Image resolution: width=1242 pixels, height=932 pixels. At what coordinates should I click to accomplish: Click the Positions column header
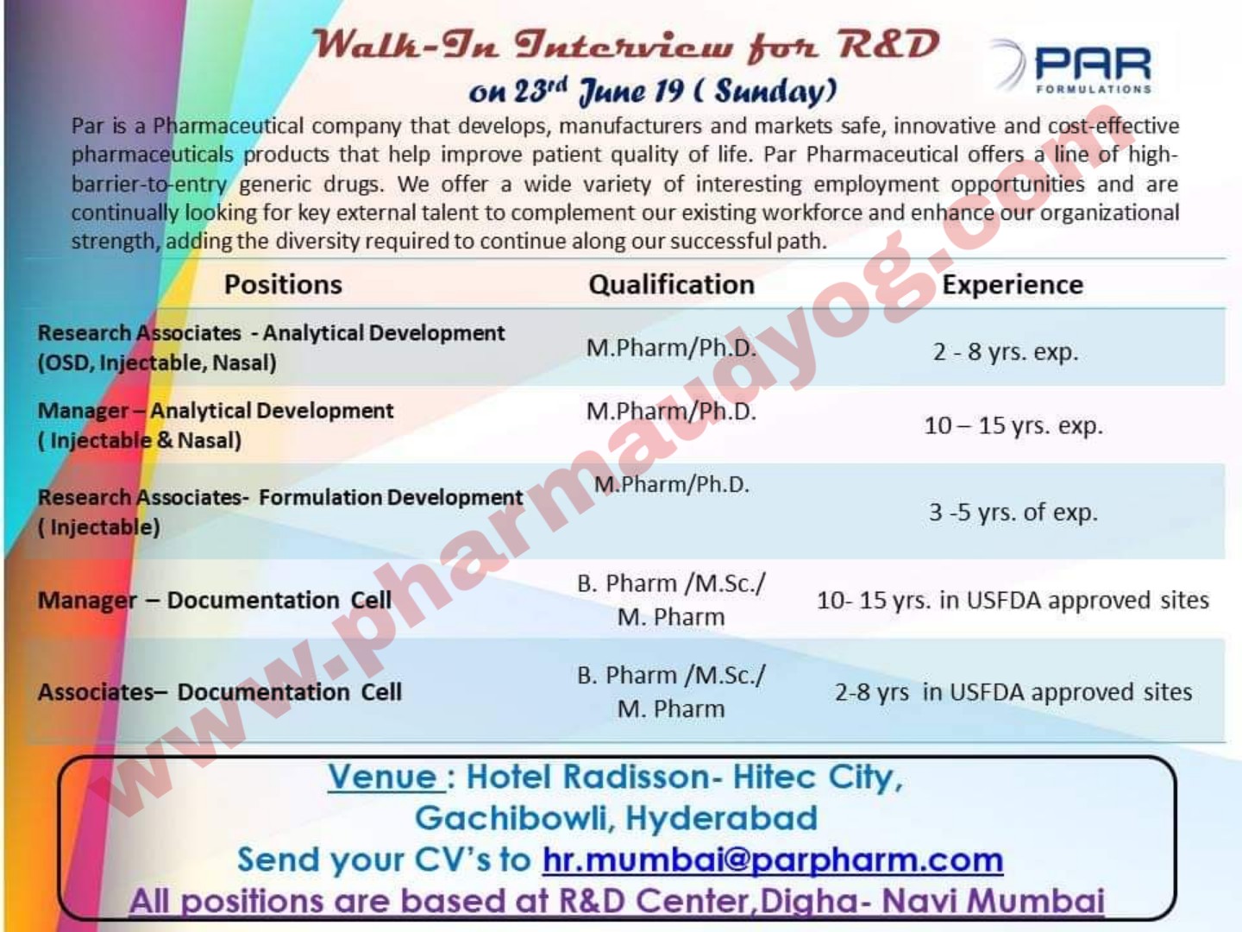[x=283, y=285]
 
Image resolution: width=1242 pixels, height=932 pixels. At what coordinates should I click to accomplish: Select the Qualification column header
[x=671, y=285]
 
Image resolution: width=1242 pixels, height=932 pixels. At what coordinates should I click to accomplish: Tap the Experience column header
[x=1013, y=285]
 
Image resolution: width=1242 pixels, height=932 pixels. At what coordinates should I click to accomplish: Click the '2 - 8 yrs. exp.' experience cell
[x=1006, y=352]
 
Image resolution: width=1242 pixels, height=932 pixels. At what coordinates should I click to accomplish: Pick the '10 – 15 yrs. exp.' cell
[x=1013, y=425]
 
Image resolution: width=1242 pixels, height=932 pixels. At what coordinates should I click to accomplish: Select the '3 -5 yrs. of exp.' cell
[x=1013, y=513]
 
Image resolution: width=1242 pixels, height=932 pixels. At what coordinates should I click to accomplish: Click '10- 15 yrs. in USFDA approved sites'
[x=1013, y=601]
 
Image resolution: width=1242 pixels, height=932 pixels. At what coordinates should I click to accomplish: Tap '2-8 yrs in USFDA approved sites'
[x=1013, y=692]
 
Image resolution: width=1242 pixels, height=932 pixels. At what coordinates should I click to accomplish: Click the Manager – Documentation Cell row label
[x=215, y=601]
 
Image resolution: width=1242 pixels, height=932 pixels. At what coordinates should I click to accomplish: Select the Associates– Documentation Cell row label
[x=220, y=692]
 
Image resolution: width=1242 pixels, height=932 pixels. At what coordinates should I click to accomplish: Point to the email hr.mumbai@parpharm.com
[x=773, y=860]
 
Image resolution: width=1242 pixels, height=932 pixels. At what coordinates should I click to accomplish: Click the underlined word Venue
[x=385, y=778]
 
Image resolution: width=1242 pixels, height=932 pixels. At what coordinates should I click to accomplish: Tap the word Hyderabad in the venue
[x=721, y=818]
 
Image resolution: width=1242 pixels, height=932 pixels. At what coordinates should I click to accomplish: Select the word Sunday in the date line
[x=775, y=91]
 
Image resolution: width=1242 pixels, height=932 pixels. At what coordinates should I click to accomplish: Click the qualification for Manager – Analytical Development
[x=671, y=412]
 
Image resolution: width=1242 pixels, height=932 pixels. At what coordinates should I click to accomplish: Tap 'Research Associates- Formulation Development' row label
[x=280, y=498]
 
